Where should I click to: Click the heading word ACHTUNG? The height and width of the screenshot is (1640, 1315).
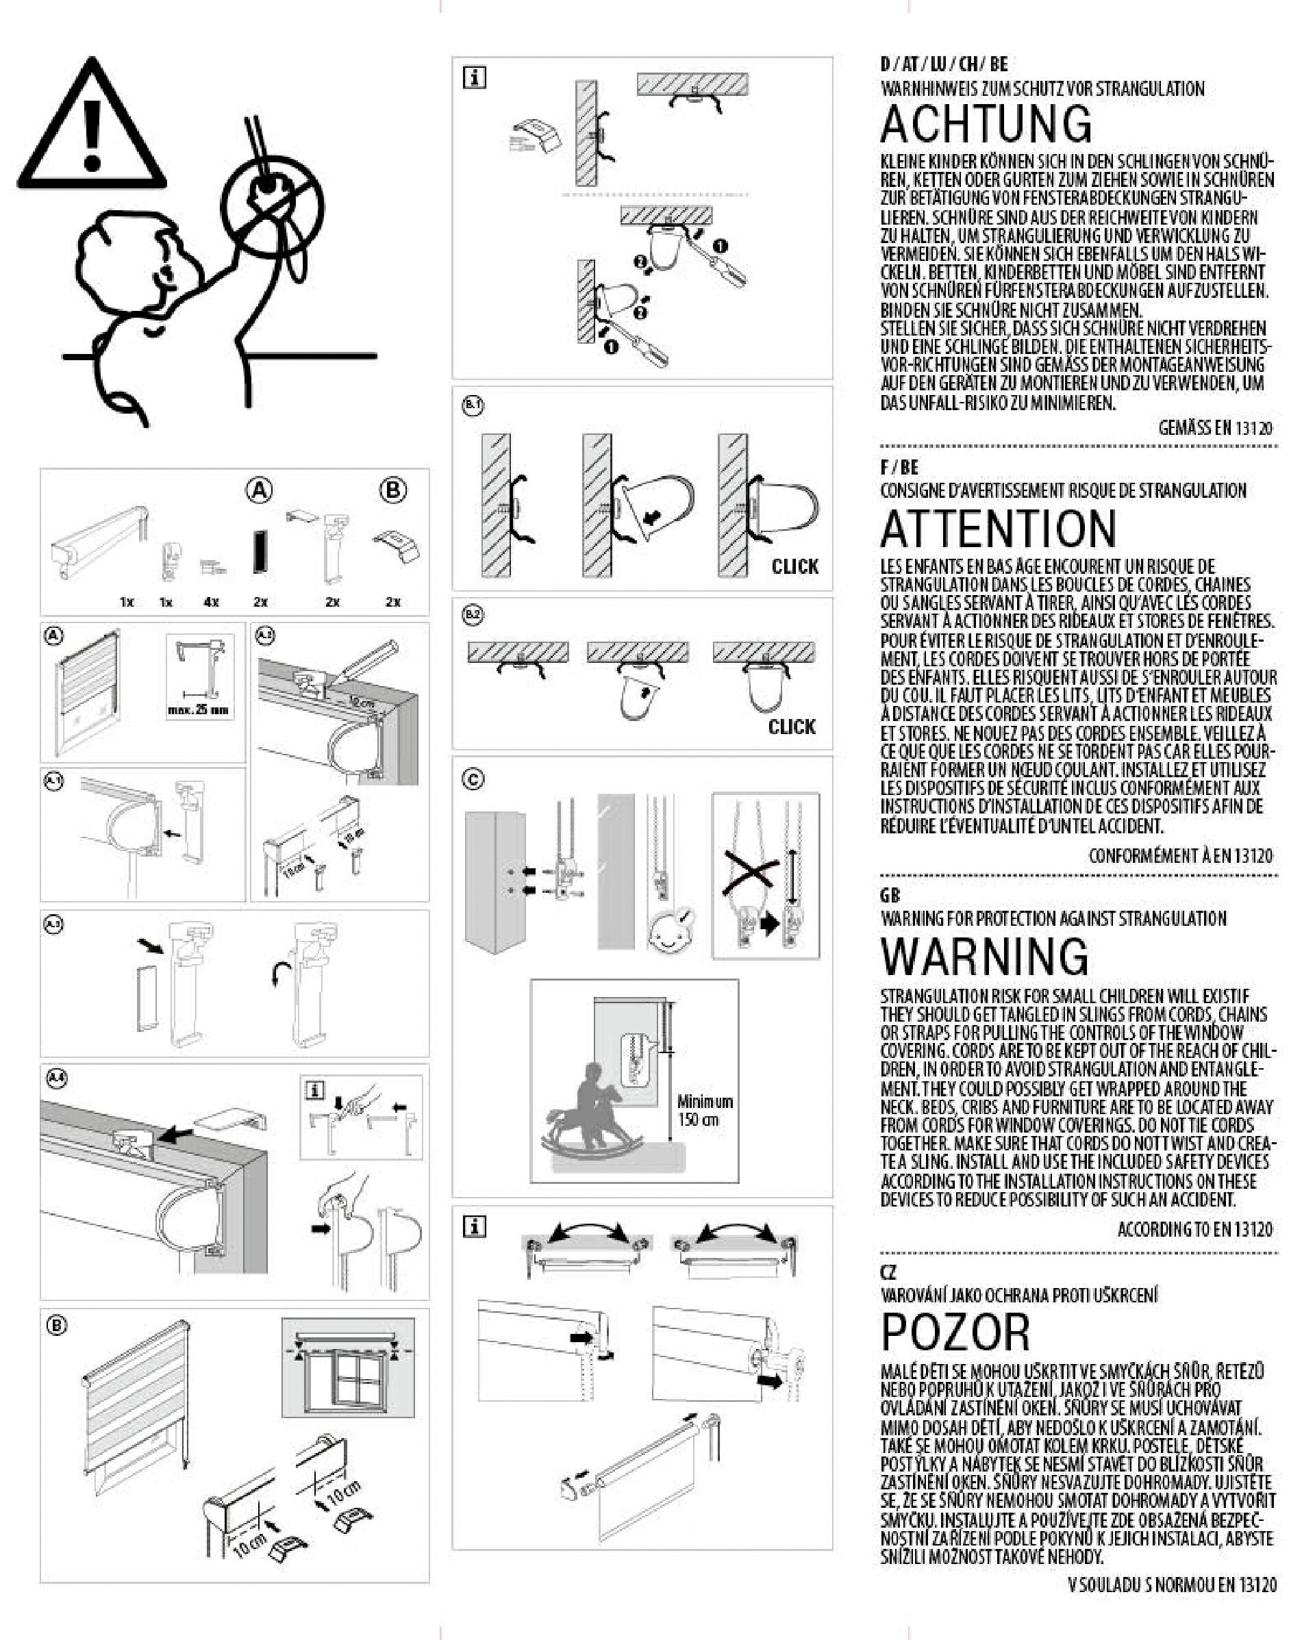click(x=986, y=124)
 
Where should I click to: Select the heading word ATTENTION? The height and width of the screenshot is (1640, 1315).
click(x=998, y=529)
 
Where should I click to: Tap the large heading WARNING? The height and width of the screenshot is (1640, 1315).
click(x=985, y=956)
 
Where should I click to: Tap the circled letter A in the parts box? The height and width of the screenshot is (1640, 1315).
click(x=260, y=491)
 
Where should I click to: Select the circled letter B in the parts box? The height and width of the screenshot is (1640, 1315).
click(x=392, y=491)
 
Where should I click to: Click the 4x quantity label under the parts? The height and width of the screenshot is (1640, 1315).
click(x=211, y=602)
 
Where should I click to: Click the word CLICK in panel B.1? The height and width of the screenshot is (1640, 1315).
click(x=794, y=567)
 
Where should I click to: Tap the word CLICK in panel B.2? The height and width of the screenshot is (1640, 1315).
click(x=792, y=727)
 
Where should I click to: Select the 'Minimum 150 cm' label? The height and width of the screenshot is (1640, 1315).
click(x=704, y=1110)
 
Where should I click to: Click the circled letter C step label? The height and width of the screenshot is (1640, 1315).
click(x=473, y=779)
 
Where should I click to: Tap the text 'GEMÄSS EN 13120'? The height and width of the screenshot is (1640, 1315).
click(x=1214, y=427)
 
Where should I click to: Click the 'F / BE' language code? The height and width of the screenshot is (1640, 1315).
click(x=899, y=467)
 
